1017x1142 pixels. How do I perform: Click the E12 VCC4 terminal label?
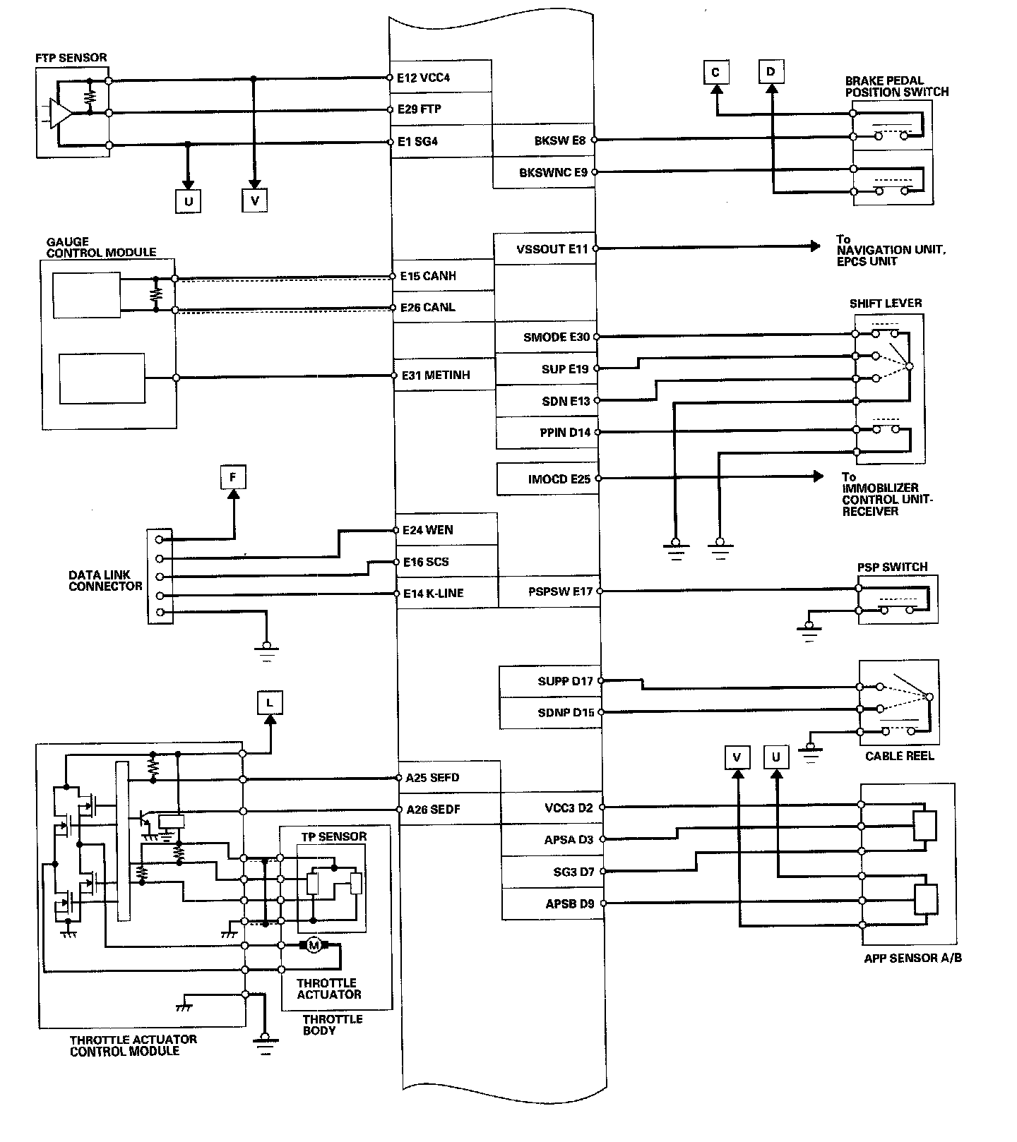423,78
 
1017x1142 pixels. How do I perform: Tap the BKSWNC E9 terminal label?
553,172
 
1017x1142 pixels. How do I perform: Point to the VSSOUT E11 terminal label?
552,249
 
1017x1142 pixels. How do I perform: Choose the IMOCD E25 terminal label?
559,479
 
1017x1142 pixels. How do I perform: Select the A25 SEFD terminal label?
432,778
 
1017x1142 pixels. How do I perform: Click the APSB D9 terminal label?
569,903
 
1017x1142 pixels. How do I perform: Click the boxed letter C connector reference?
715,73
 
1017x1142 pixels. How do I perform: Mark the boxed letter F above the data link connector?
233,477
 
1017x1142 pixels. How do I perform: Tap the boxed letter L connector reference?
270,703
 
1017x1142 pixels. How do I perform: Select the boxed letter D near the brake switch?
771,72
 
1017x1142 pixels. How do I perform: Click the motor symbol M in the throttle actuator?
311,945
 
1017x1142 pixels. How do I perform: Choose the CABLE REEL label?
899,756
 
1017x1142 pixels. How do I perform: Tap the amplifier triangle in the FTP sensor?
60,113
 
